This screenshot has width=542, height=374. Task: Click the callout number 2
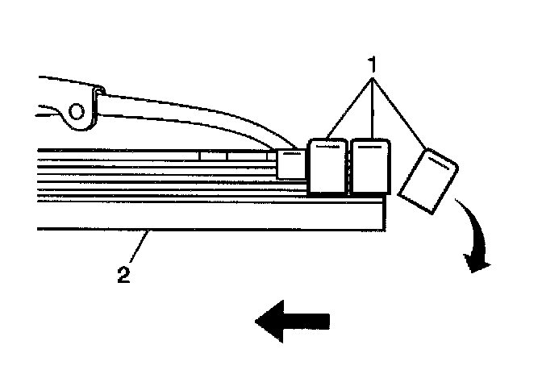(123, 274)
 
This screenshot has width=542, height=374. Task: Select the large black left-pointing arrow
(292, 321)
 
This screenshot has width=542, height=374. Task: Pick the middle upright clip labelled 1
(372, 167)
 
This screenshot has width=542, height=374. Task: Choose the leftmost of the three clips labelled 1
(328, 167)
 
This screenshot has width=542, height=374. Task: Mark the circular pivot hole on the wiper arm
(78, 111)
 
